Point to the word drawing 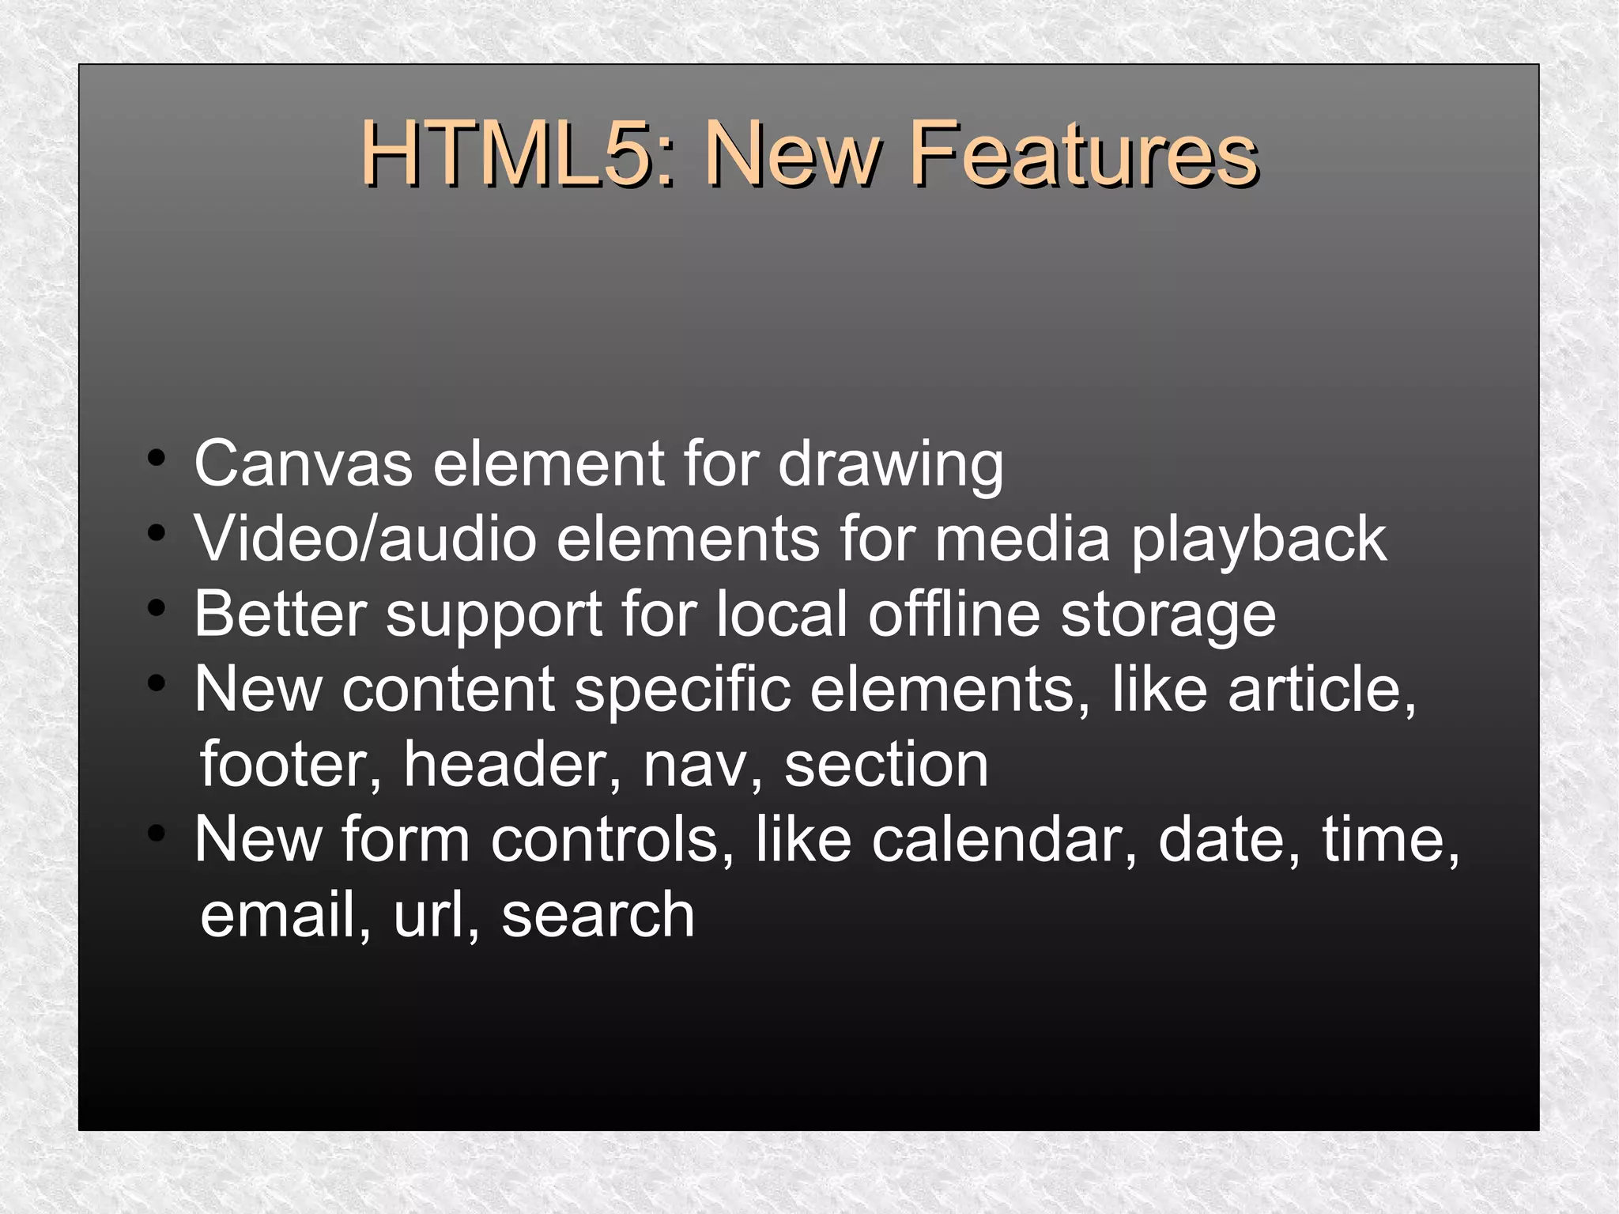point(891,466)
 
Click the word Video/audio point(365,539)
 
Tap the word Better point(281,614)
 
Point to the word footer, point(291,765)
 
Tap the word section point(886,765)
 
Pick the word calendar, point(1005,840)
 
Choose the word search point(598,915)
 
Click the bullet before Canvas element point(157,458)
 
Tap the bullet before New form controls point(157,834)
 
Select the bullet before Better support point(157,608)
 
